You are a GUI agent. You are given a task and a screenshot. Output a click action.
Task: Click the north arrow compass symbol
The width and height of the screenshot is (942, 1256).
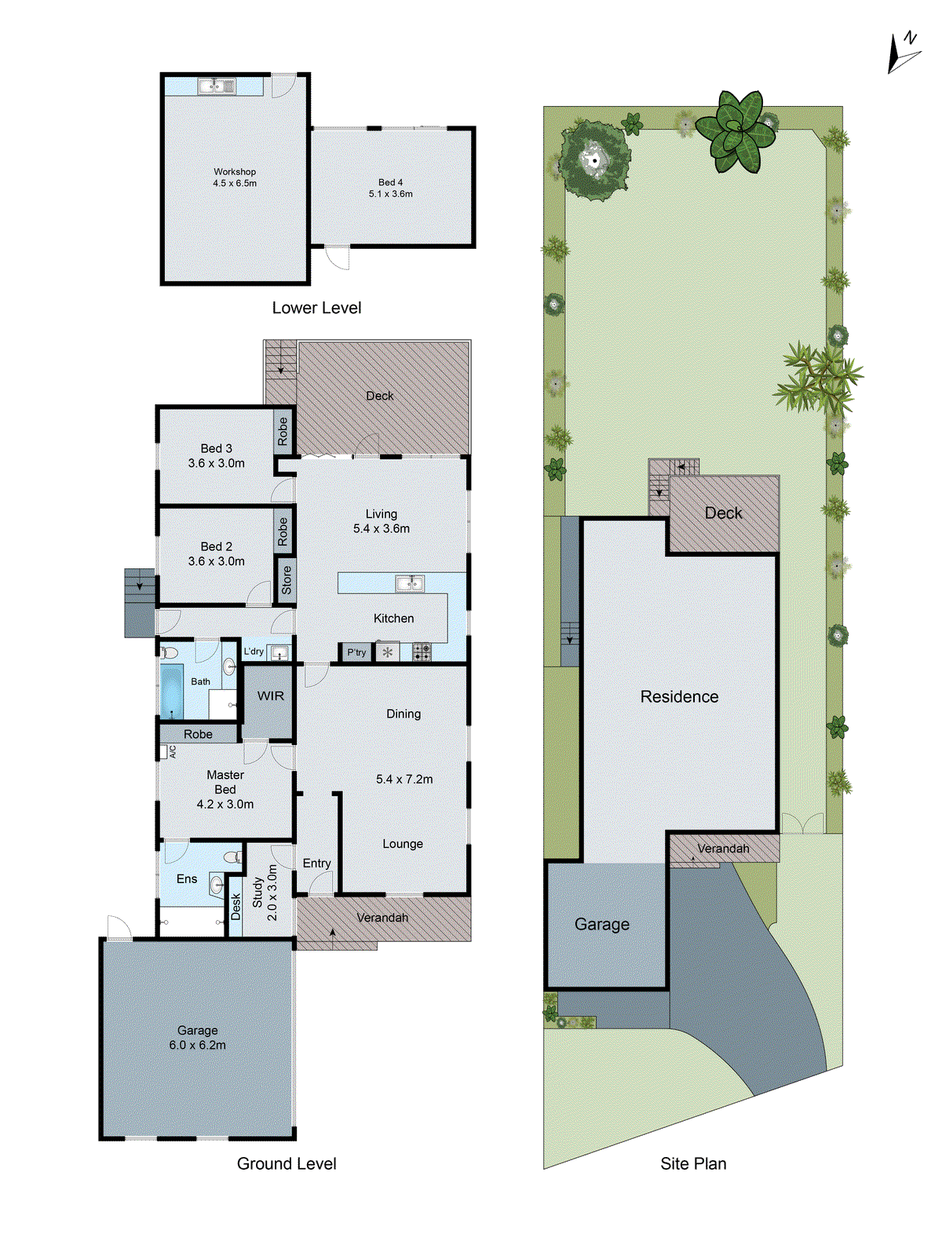[902, 53]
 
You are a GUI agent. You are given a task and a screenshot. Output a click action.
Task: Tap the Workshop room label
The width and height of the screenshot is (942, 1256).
[235, 171]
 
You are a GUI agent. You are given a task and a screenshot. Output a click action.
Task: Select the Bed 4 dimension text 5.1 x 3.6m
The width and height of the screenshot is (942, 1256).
[391, 194]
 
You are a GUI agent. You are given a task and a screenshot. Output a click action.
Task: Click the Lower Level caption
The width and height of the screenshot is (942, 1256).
[316, 308]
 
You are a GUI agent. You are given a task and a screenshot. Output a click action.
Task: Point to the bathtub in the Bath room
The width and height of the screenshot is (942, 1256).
[172, 691]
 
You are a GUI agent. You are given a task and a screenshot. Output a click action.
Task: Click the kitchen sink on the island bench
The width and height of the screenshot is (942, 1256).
[410, 582]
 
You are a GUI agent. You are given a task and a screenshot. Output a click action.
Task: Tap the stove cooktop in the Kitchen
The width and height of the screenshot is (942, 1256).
[422, 652]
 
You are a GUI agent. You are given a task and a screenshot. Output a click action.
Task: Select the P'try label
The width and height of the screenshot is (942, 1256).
[356, 652]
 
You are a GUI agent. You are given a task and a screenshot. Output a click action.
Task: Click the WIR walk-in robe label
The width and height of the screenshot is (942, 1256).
[271, 696]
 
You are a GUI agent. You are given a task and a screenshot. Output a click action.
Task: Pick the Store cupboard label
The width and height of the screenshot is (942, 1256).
[286, 580]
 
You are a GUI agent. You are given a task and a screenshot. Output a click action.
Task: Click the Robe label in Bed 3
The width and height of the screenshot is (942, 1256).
[283, 431]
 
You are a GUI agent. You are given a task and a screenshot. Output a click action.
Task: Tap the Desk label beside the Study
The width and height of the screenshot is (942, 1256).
[235, 907]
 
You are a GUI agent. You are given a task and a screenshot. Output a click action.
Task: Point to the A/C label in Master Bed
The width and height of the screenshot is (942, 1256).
[173, 751]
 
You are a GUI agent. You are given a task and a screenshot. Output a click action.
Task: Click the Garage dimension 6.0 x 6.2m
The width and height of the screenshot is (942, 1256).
[197, 1045]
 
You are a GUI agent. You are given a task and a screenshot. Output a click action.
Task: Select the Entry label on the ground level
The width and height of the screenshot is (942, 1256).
[316, 863]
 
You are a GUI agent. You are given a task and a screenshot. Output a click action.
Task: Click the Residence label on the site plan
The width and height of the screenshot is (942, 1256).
[679, 696]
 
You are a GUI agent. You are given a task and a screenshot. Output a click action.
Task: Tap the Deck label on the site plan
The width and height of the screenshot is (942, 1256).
[723, 513]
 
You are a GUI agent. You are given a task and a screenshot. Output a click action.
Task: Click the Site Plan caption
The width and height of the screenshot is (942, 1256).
[693, 1163]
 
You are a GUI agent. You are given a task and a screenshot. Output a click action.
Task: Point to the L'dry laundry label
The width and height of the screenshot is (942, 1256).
[254, 651]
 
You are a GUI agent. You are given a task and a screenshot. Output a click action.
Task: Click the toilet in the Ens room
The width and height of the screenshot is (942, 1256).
[232, 856]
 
